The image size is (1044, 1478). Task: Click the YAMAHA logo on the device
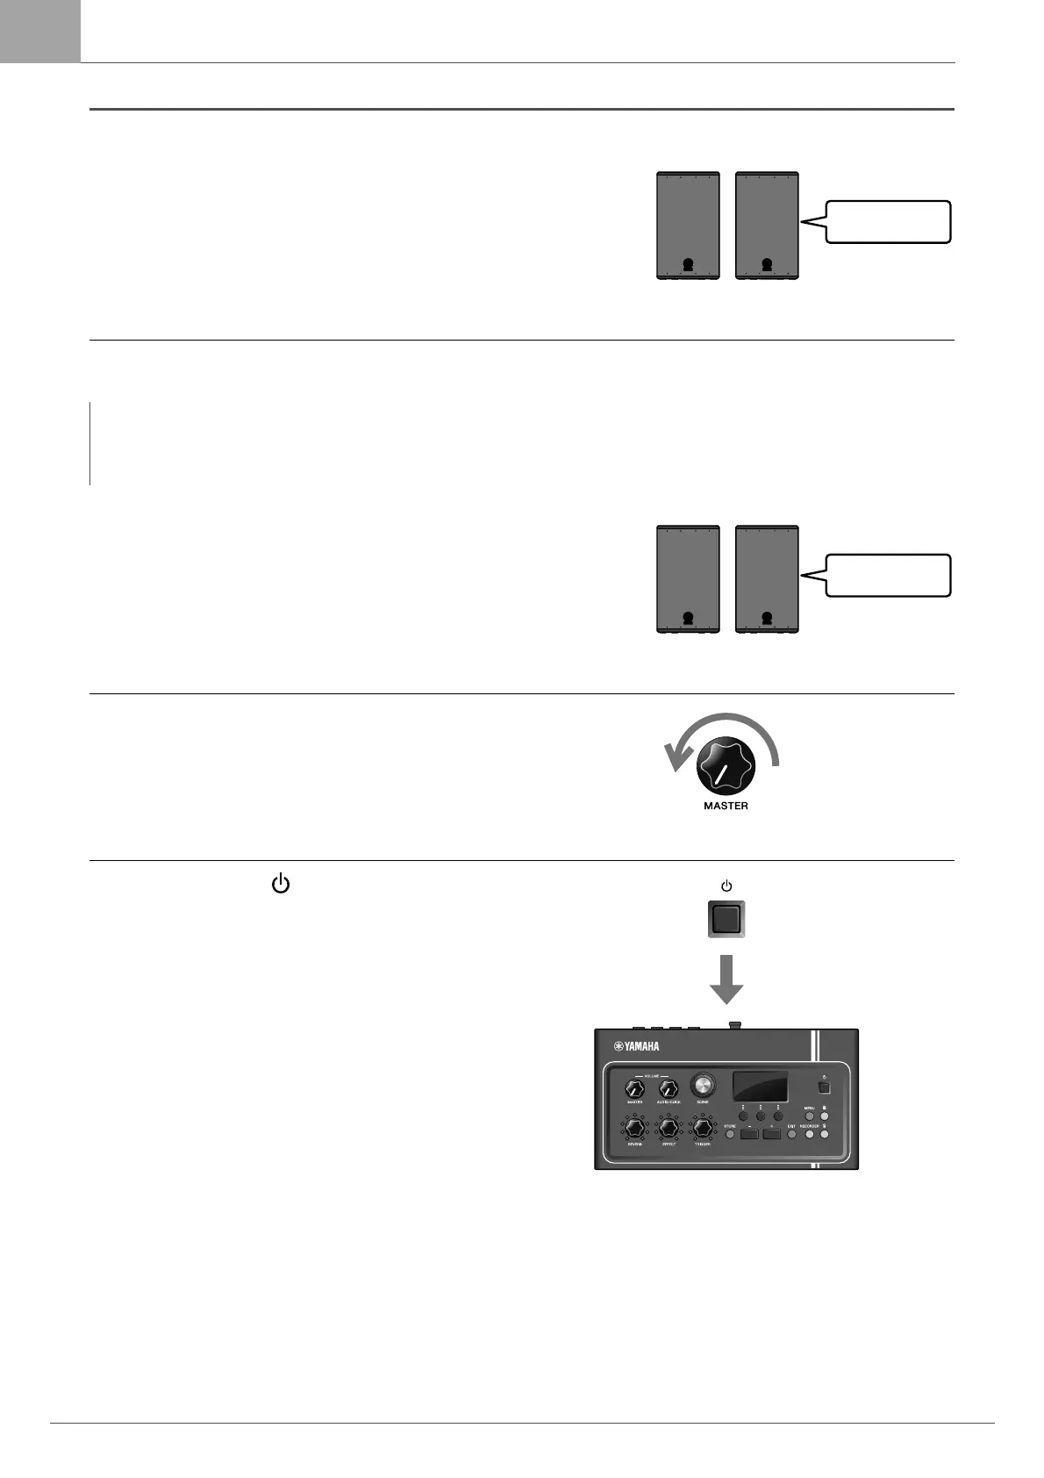click(636, 1046)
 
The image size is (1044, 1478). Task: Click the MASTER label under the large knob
click(726, 806)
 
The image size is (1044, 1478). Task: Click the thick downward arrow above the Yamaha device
click(726, 979)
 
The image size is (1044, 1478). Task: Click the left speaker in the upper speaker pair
click(689, 226)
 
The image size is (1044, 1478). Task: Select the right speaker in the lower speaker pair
click(767, 579)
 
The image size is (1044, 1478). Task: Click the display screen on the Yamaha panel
click(760, 1087)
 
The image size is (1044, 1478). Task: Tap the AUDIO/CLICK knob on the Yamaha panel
click(669, 1089)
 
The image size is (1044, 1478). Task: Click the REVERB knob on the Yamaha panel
click(634, 1127)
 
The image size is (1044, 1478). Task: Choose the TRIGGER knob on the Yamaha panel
click(702, 1127)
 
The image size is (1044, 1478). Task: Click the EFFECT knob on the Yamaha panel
click(669, 1127)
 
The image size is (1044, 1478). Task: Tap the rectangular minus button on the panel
click(748, 1134)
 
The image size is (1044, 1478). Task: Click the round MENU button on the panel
click(811, 1116)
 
